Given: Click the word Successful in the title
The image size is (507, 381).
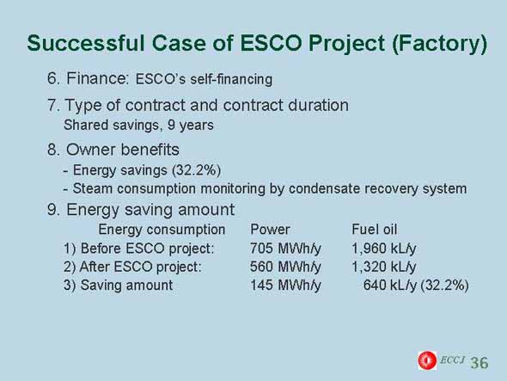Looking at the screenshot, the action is pos(85,43).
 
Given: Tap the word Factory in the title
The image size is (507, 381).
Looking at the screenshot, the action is pos(439,44).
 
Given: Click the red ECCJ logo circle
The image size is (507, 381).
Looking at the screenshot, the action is pos(427,360).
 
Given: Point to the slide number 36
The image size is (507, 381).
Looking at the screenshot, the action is pos(480,363).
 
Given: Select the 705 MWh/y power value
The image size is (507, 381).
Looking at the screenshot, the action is pos(285,249).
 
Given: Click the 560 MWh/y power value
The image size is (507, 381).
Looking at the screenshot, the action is pos(285,267).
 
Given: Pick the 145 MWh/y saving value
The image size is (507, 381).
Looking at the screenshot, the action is pos(285,286).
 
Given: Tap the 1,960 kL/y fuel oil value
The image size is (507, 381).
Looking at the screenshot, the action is pos(384,249).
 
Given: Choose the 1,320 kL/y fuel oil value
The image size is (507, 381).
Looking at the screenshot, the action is pos(384,267).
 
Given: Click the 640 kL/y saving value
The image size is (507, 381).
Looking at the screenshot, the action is pos(390,286).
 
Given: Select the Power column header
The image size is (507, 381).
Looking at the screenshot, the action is pos(270,230).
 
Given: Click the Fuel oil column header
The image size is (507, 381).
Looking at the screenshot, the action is pos(374,230).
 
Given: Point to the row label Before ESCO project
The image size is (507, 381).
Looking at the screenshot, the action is pos(147,249).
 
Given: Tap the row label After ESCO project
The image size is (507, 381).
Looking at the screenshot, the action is pos(140,267).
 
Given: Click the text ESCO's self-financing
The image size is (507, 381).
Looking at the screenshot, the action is pos(204,79).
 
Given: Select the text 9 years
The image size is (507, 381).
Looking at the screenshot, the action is pos(191,126).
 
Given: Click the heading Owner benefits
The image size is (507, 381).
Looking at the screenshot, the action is pos(123,150).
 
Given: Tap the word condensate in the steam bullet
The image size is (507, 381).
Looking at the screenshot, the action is pos(324,188).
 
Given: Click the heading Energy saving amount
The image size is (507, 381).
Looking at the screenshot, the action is pos(150,210).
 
